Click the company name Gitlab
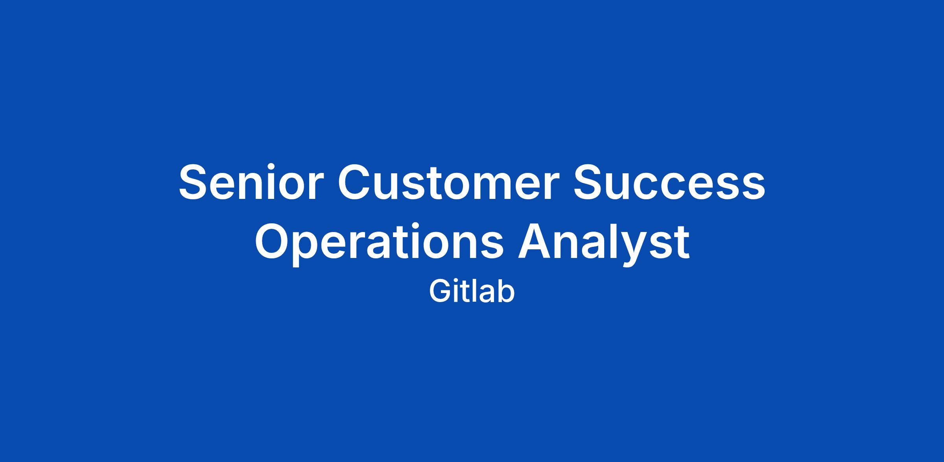tap(472, 292)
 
